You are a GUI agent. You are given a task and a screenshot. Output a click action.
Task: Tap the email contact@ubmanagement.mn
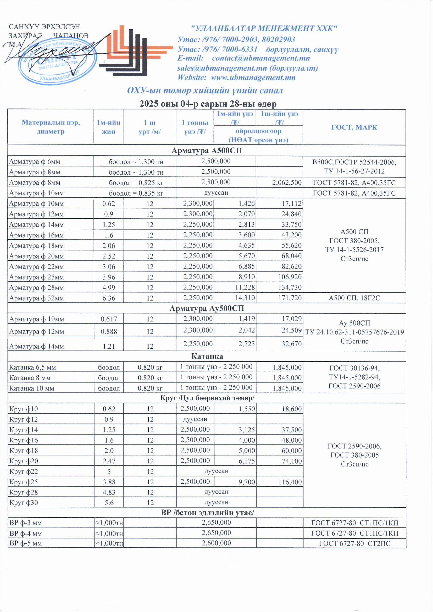[x=261, y=58]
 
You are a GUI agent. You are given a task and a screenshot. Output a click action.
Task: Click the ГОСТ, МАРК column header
[x=354, y=127]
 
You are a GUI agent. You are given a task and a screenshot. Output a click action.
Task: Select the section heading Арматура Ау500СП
[x=207, y=308]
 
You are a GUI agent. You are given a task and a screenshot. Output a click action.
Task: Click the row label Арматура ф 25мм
[x=37, y=277]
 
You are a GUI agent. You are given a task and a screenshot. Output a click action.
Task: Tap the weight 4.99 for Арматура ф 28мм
[x=109, y=288]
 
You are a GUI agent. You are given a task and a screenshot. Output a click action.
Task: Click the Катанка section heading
[x=207, y=356]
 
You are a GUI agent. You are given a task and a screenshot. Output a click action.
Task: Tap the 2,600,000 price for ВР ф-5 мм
[x=216, y=543]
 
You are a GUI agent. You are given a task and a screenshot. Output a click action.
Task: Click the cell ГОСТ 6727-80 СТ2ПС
[x=355, y=543]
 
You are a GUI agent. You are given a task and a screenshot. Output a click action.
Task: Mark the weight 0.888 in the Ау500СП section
[x=109, y=331]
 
